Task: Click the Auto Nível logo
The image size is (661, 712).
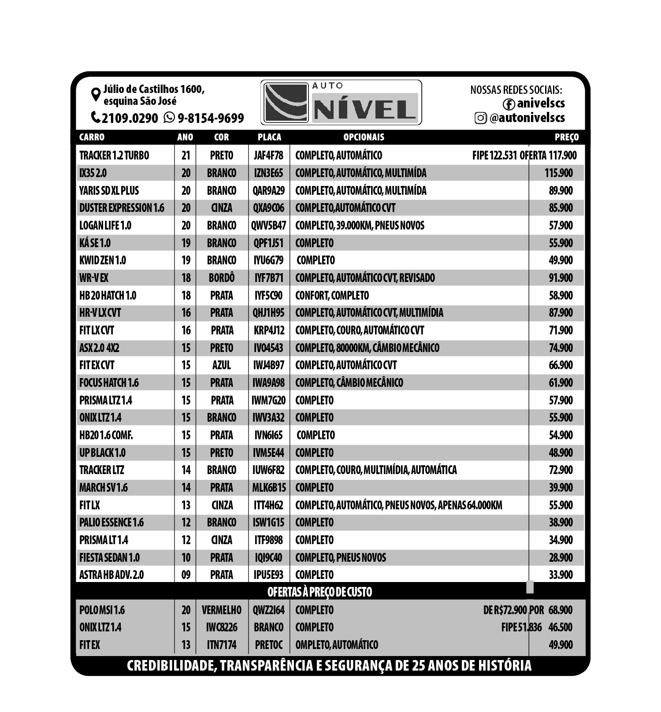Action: coord(341,103)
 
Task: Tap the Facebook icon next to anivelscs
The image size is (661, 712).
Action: coord(509,104)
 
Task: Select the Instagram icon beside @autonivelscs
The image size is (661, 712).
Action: coord(480,118)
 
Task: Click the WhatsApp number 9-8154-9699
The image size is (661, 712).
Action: coord(210,118)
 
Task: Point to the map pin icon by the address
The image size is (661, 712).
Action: coord(95,95)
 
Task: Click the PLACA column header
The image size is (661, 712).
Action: coord(269,137)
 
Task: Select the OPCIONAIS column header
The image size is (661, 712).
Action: coord(364,137)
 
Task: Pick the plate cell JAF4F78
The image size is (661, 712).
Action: coord(268,156)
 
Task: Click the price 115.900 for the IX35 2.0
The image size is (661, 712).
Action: coord(558,173)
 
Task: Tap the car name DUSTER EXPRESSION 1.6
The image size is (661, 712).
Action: coord(122,208)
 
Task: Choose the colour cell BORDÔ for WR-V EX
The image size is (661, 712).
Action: coord(222,278)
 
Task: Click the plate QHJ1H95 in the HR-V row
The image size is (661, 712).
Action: coord(268,313)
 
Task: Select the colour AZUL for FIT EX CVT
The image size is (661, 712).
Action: coord(222,365)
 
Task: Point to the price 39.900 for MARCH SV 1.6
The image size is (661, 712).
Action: coord(561,488)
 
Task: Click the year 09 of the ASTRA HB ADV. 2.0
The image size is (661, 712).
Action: coord(186,575)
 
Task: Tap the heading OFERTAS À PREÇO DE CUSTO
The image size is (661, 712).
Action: coord(319,592)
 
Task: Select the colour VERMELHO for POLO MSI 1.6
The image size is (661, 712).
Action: coord(222,610)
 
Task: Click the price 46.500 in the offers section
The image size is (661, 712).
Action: coord(560,627)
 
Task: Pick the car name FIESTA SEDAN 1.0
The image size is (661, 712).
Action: coord(109,558)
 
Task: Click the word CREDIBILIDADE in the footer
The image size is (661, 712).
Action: coord(171,665)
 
